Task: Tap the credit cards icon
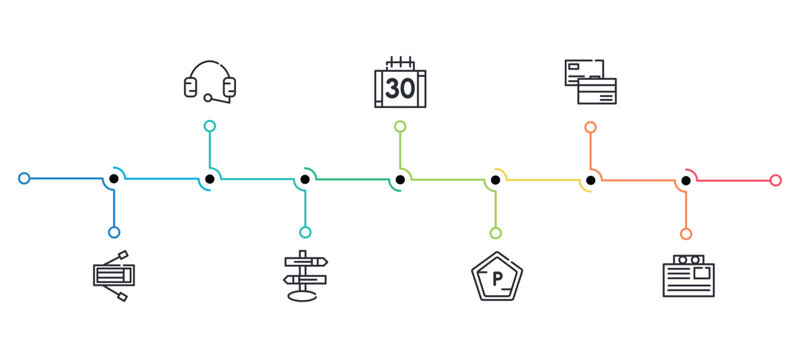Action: tap(590, 82)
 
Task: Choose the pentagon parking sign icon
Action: tap(496, 276)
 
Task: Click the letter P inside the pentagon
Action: tap(496, 277)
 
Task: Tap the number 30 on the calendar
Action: tap(400, 88)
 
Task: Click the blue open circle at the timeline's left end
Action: tap(24, 179)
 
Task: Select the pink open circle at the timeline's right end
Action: tap(776, 180)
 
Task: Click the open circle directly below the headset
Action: tap(210, 126)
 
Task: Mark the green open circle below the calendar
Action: tap(400, 127)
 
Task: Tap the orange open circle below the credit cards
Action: tap(590, 127)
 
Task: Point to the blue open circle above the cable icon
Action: tap(114, 232)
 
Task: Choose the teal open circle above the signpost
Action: tap(305, 232)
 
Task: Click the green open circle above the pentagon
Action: tap(496, 233)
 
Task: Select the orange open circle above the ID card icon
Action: tap(686, 233)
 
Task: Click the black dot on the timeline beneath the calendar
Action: tap(400, 180)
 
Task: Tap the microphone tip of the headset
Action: tap(208, 98)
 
